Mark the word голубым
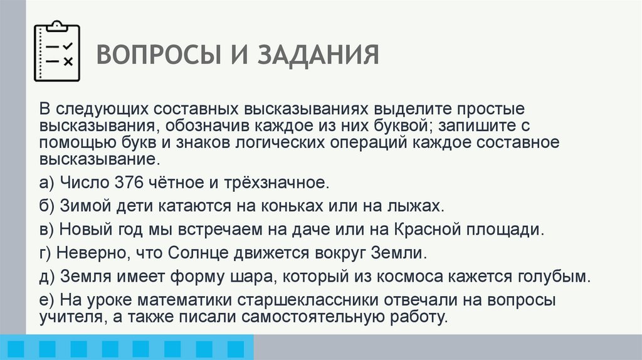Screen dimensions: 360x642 [x=553, y=276]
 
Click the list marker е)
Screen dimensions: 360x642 [x=46, y=300]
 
